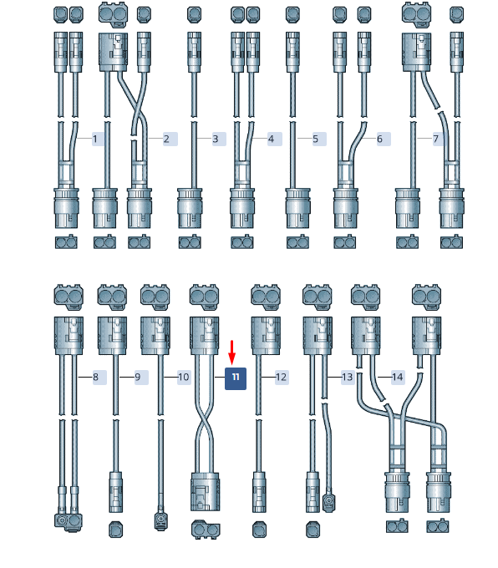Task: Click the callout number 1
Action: coord(95,139)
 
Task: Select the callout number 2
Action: coord(166,139)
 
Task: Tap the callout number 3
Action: coord(216,139)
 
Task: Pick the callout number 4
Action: coord(271,139)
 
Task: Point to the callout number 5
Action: coord(315,139)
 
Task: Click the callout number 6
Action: coord(379,139)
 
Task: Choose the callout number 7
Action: coord(435,139)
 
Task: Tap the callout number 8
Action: coord(96,377)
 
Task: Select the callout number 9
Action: coord(137,377)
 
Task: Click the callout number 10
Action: coord(183,377)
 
